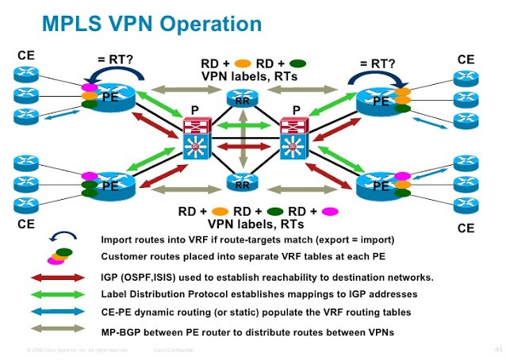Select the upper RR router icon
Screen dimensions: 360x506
pos(242,98)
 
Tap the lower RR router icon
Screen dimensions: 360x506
pos(242,183)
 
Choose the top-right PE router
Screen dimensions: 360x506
pos(380,100)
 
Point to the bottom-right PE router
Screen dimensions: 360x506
pos(380,186)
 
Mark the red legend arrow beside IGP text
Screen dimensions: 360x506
pos(57,278)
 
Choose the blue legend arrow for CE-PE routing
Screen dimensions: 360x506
pos(57,312)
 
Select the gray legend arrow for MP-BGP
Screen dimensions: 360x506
pos(57,329)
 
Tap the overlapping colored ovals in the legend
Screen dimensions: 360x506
pos(59,256)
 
